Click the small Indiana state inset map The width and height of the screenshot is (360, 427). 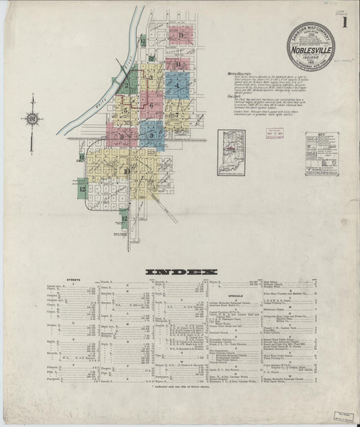pyautogui.click(x=231, y=153)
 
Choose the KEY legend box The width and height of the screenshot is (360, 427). pyautogui.click(x=322, y=154)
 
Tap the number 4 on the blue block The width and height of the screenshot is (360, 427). pyautogui.click(x=177, y=85)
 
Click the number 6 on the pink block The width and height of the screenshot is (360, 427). pyautogui.click(x=151, y=105)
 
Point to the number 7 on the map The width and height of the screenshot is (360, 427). pyautogui.click(x=177, y=115)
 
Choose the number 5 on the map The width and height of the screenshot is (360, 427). pyautogui.click(x=126, y=107)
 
